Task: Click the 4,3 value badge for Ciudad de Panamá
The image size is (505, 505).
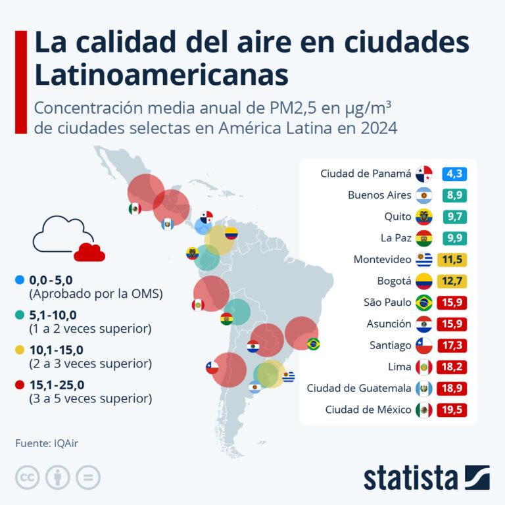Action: point(454,174)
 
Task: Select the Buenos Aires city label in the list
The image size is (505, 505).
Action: point(379,195)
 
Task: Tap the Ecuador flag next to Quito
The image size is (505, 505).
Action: point(423,217)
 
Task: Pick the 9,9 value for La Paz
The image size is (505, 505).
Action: point(454,238)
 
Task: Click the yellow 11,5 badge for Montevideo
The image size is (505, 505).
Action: point(454,260)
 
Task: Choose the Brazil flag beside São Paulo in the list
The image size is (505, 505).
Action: point(423,302)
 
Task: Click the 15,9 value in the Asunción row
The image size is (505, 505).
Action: point(454,324)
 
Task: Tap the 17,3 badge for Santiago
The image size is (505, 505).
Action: point(454,345)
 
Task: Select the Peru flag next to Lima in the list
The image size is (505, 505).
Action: point(423,367)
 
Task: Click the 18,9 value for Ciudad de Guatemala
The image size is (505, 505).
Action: point(454,388)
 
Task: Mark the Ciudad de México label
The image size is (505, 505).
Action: point(368,410)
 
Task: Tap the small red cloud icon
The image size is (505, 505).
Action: point(89,252)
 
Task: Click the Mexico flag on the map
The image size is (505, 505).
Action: point(134,208)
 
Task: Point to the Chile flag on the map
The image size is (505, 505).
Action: point(212,368)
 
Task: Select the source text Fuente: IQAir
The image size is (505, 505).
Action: point(51,443)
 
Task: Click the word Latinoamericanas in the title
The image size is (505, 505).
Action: point(161,75)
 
